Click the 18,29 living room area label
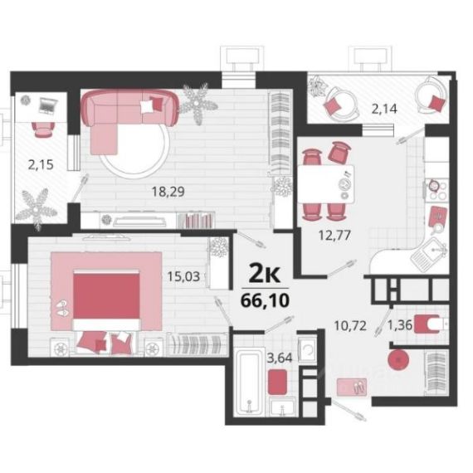[168, 192]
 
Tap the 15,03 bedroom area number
[183, 276]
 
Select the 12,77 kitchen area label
[334, 235]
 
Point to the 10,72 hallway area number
[350, 325]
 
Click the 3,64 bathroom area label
[280, 358]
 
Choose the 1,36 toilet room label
[400, 325]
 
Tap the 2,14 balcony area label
[384, 109]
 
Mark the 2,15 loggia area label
[41, 164]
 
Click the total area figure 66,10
[265, 300]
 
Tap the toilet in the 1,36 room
[430, 324]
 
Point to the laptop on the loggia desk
[47, 105]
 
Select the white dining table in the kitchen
[326, 183]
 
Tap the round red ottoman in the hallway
[398, 359]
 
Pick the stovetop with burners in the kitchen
[437, 190]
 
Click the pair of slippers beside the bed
[62, 308]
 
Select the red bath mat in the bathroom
[277, 382]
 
